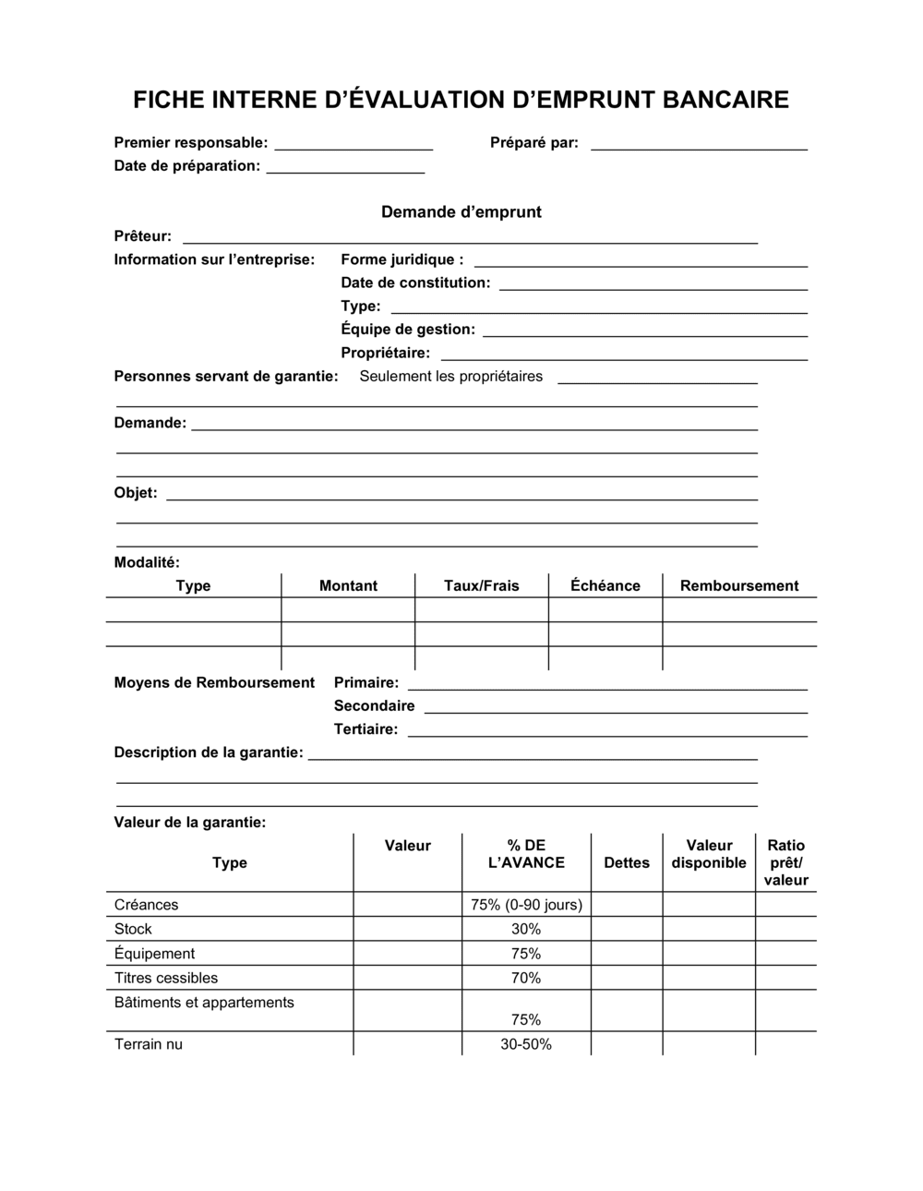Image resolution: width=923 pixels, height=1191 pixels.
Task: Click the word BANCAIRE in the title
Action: click(725, 100)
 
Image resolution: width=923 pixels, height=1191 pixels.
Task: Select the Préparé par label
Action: click(534, 142)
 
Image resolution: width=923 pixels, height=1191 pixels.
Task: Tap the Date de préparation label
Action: click(187, 166)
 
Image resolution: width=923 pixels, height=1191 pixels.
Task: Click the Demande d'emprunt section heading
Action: click(461, 212)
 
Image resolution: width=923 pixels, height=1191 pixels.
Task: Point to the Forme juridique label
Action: click(402, 259)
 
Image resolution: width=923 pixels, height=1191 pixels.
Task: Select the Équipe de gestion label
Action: click(408, 330)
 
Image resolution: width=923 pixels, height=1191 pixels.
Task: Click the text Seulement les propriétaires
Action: click(451, 376)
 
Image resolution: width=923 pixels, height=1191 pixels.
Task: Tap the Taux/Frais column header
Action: click(482, 585)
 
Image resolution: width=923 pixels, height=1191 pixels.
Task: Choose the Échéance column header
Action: click(605, 585)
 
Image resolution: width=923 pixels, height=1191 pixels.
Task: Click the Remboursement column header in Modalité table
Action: click(739, 585)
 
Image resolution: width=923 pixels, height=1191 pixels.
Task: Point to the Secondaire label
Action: click(375, 705)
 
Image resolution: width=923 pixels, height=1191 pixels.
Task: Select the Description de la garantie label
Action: click(209, 752)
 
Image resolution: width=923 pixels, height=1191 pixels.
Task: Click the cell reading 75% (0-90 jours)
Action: click(526, 905)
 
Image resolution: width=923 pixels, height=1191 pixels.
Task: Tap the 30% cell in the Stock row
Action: click(526, 929)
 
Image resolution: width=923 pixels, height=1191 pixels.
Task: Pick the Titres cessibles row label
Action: click(166, 978)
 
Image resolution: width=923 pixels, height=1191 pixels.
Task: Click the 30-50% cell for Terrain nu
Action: click(526, 1044)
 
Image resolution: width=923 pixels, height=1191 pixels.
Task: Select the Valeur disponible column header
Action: click(709, 854)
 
